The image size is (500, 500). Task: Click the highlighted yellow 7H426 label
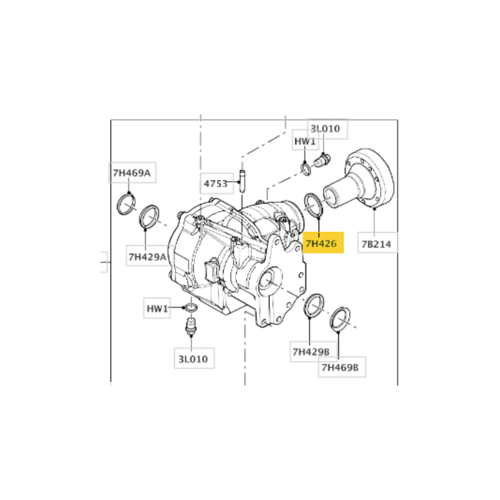point(322,242)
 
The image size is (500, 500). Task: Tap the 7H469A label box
point(132,172)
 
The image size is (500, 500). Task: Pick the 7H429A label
point(147,256)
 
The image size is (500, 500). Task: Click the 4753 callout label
point(217,183)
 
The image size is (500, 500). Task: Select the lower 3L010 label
point(194,358)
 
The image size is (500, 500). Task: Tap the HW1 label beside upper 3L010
point(305,141)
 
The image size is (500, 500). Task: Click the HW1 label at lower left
point(157,308)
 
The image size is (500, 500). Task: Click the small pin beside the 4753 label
point(242,181)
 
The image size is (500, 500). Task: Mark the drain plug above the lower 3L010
point(191,324)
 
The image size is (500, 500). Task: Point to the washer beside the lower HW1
point(191,307)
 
